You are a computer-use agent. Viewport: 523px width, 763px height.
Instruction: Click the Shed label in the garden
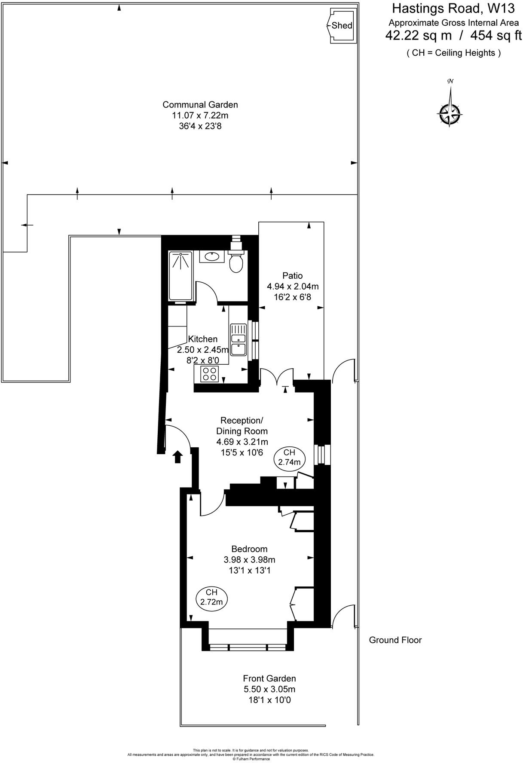point(342,25)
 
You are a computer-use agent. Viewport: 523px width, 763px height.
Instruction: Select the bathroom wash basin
point(211,256)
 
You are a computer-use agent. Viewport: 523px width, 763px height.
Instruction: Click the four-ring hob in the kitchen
point(210,374)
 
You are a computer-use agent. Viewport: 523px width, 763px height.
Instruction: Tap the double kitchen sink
point(238,339)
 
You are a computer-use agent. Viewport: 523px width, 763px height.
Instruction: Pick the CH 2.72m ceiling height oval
point(211,597)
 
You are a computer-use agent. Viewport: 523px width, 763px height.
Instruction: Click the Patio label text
point(292,275)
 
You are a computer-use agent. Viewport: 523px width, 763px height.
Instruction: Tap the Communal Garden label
point(200,104)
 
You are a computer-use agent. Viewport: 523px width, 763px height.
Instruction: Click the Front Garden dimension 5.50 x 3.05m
point(269,690)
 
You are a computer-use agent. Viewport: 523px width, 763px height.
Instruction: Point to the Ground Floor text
point(395,640)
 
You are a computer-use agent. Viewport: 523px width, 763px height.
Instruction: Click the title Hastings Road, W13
point(453,8)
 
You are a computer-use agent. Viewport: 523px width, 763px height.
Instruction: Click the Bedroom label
point(249,549)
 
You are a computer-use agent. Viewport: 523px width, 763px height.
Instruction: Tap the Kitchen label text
point(203,339)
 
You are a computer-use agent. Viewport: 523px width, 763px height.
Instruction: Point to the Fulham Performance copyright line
point(251,759)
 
